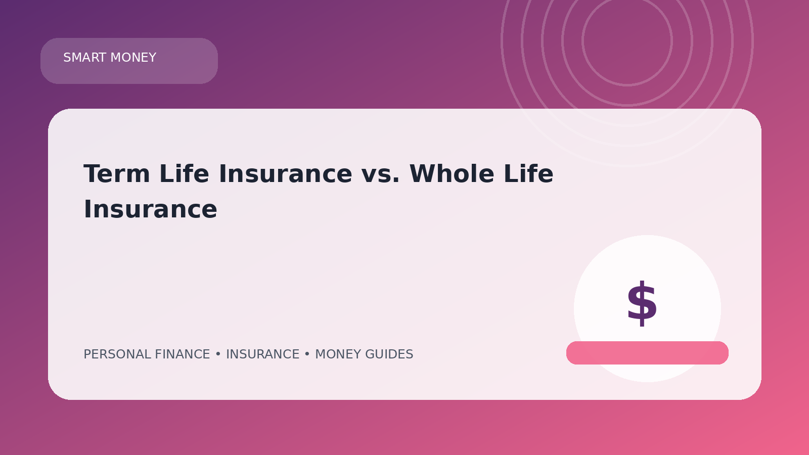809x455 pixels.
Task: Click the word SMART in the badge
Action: point(85,58)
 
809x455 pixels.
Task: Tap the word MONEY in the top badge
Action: point(133,58)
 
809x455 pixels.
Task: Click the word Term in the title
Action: point(117,174)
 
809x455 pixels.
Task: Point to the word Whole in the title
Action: point(452,174)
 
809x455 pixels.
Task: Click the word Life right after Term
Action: point(184,174)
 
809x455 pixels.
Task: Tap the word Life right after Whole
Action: point(528,174)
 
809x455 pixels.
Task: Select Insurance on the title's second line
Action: point(150,209)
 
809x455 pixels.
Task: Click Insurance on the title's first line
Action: point(285,174)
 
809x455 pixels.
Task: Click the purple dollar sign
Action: point(642,303)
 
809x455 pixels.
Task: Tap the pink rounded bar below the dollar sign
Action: point(647,353)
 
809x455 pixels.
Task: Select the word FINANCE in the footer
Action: point(183,354)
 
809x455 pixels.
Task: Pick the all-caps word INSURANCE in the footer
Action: point(262,354)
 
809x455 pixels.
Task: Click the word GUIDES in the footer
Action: point(389,354)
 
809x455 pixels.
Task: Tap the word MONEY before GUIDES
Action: point(338,354)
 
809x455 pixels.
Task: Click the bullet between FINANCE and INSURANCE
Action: point(218,354)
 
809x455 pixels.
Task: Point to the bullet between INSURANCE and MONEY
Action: point(307,354)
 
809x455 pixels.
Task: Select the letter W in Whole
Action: point(422,174)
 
